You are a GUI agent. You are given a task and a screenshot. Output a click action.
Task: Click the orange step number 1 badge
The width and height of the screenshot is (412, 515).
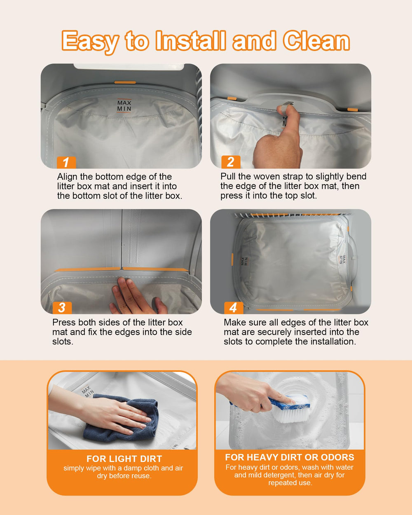[66, 162]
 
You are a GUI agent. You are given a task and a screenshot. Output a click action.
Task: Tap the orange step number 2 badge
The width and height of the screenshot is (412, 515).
[231, 162]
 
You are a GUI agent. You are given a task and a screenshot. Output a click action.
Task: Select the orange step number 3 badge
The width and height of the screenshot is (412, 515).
[62, 307]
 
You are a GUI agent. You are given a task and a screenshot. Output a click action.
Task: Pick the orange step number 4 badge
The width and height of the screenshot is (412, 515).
[234, 307]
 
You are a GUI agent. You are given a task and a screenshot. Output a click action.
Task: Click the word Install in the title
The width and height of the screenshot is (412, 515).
[191, 40]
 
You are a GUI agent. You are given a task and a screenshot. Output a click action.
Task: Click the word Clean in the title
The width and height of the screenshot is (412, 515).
[316, 40]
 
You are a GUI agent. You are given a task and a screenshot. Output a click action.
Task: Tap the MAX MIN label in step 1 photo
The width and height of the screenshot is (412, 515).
[124, 106]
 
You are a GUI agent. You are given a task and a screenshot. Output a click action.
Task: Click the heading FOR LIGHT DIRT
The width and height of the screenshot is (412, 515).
[124, 459]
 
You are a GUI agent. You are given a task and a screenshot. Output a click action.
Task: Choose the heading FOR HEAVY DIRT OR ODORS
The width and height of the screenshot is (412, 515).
[290, 457]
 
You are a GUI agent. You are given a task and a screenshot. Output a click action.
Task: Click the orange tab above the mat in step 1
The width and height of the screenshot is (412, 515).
[125, 82]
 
